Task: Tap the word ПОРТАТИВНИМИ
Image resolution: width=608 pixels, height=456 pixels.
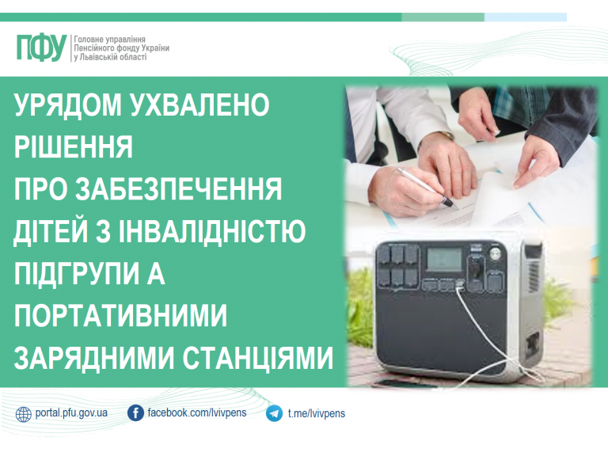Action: click(x=121, y=317)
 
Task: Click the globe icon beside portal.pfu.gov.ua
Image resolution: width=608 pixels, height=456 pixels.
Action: click(x=24, y=413)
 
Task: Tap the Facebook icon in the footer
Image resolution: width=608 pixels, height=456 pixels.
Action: click(x=135, y=413)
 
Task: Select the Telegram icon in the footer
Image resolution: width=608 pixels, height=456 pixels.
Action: click(x=275, y=413)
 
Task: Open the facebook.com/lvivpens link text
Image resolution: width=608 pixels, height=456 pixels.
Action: click(x=197, y=413)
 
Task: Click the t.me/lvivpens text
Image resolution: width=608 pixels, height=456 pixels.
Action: click(x=317, y=413)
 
